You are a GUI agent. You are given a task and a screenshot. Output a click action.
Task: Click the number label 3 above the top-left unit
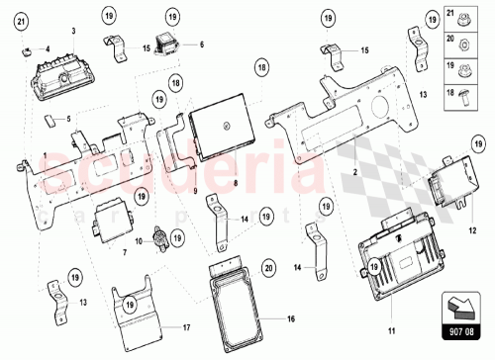(72, 32)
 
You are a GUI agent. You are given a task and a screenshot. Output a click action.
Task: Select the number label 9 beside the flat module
(196, 189)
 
